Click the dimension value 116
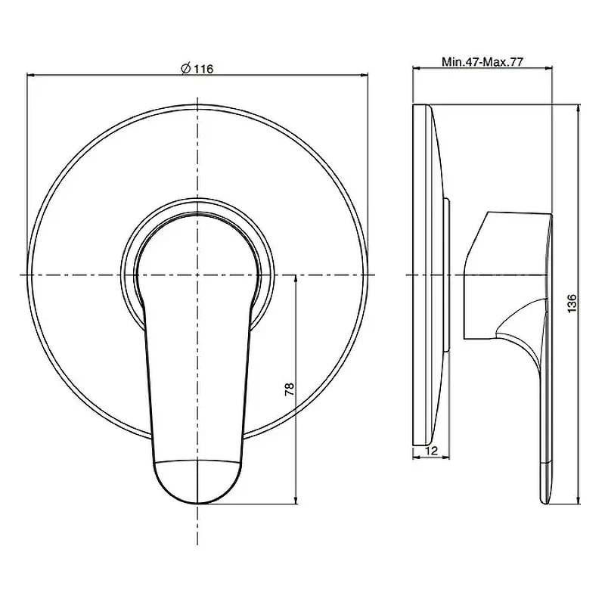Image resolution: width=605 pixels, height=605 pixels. (203, 69)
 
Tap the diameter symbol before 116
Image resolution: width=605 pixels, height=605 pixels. (185, 68)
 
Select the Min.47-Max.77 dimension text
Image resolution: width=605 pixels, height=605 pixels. (482, 62)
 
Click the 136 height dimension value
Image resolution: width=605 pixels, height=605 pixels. (572, 303)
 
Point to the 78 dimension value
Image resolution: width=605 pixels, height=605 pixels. (290, 389)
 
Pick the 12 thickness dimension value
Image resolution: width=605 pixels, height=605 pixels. (432, 450)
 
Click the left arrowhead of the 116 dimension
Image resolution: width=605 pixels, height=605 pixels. (31, 75)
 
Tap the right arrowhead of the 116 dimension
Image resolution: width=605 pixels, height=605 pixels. (364, 75)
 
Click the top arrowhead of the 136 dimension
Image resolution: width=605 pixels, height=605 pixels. (578, 108)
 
